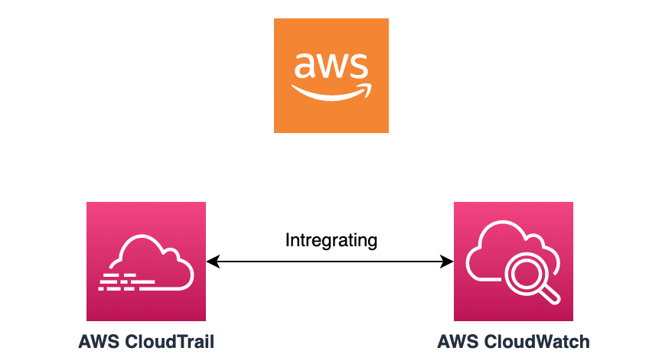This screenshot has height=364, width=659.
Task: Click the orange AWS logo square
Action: pyautogui.click(x=331, y=75)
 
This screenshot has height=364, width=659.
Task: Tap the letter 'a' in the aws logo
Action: pyautogui.click(x=306, y=67)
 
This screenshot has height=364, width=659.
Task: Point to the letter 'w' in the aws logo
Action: pyautogui.click(x=331, y=68)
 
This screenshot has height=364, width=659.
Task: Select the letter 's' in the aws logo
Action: pyautogui.click(x=357, y=68)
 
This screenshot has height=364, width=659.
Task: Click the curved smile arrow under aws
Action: pyautogui.click(x=331, y=93)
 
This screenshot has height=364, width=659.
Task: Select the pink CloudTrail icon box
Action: pyautogui.click(x=146, y=261)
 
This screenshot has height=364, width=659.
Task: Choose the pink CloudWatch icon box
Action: pyautogui.click(x=513, y=261)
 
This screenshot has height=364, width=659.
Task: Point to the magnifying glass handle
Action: pyautogui.click(x=550, y=294)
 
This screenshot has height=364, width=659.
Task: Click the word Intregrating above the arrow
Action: pyautogui.click(x=331, y=240)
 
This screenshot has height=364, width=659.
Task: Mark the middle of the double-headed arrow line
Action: pyautogui.click(x=331, y=262)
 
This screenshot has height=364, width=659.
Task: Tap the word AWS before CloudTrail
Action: pyautogui.click(x=96, y=341)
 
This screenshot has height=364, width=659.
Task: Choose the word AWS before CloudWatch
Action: pyautogui.click(x=455, y=341)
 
